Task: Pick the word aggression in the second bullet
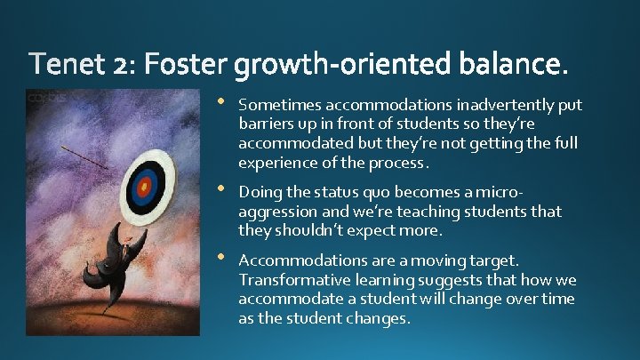tap(276, 212)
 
